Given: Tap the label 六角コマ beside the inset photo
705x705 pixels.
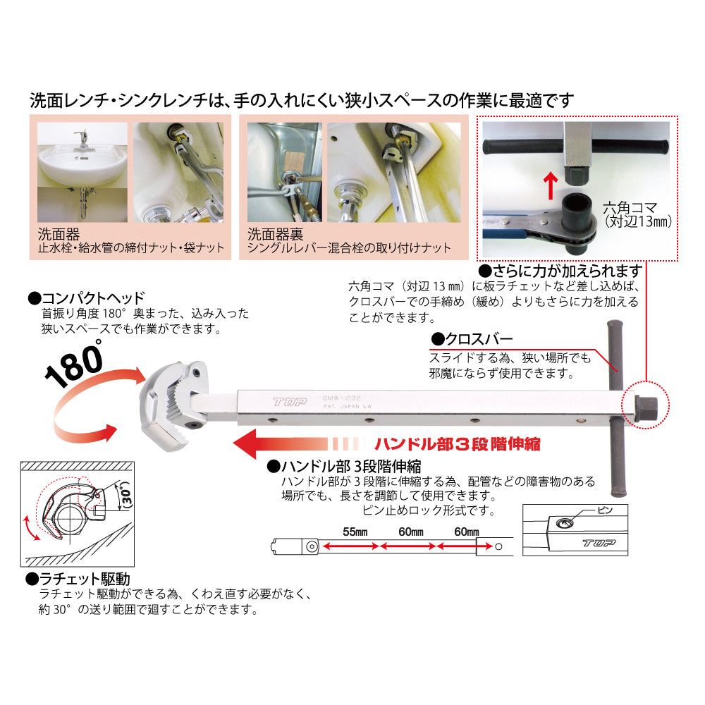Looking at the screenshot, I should [629, 208].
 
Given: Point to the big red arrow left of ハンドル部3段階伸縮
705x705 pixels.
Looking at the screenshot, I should [282, 446].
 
